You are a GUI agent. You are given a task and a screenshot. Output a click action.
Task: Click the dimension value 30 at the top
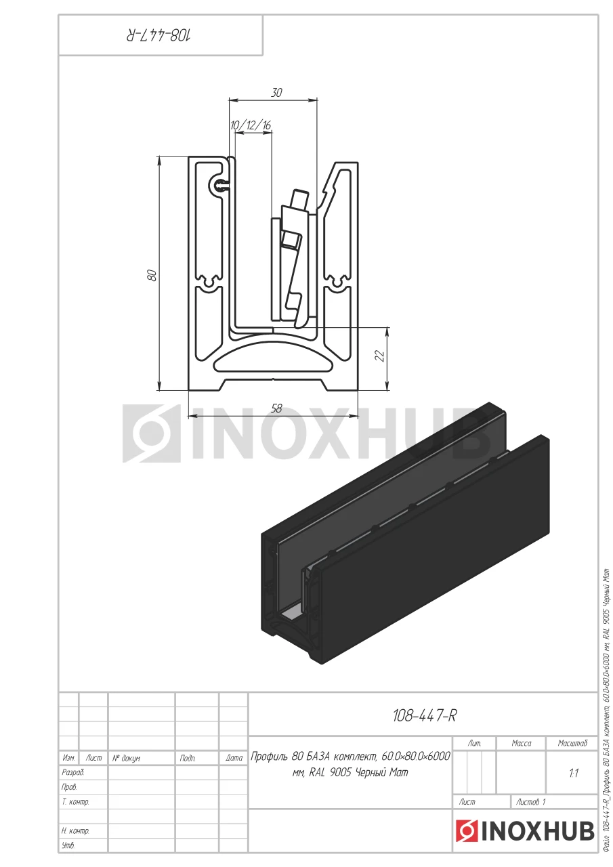[x=276, y=93]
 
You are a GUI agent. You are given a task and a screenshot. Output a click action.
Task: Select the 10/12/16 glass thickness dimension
[x=251, y=125]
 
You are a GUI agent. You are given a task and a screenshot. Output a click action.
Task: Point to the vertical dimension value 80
[x=152, y=275]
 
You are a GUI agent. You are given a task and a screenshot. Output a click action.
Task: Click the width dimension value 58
[x=276, y=408]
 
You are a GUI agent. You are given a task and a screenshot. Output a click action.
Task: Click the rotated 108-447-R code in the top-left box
[x=159, y=36]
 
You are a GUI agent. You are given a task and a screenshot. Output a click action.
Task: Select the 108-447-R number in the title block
[x=424, y=716]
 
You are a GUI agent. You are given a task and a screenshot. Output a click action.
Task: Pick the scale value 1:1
[x=573, y=773]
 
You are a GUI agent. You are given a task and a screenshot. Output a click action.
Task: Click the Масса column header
[x=521, y=743]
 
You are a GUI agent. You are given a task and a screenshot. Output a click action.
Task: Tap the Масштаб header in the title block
[x=572, y=743]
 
